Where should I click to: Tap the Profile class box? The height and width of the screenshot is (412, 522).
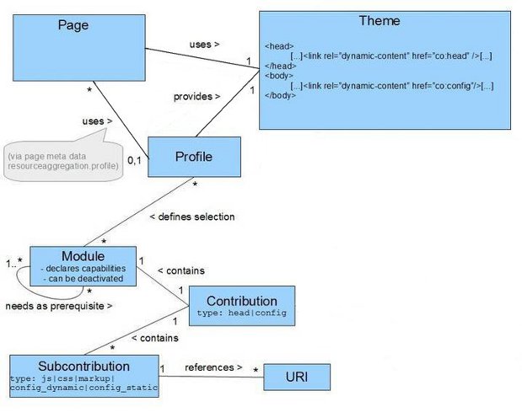[193, 157]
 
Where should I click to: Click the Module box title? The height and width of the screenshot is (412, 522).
[83, 256]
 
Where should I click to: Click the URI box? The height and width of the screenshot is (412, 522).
[295, 376]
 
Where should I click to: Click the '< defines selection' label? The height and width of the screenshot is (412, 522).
[191, 217]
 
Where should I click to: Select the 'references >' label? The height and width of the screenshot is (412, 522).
[213, 367]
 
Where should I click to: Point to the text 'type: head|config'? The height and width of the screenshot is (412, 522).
[241, 313]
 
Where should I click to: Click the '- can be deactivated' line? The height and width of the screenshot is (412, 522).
[82, 278]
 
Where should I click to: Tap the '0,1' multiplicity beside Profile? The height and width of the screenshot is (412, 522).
[134, 159]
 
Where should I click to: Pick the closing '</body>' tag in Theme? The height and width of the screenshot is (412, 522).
[281, 96]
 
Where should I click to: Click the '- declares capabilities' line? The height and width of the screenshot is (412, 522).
[82, 268]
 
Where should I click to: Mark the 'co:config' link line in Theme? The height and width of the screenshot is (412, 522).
[391, 86]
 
